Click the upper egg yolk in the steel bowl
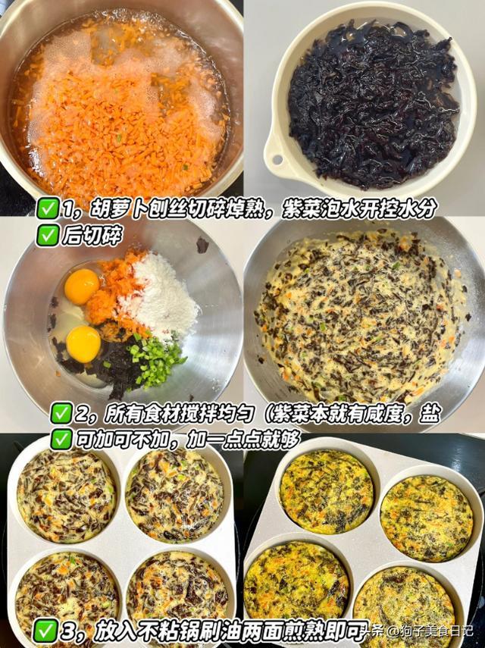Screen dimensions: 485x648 click(82, 286)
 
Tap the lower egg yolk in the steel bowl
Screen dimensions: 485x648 click(83, 344)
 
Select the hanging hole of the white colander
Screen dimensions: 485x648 click(277, 159)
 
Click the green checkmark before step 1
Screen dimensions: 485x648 click(48, 208)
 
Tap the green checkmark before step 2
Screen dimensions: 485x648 click(61, 413)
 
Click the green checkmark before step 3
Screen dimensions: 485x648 click(45, 631)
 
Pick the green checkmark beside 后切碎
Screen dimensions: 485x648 click(48, 236)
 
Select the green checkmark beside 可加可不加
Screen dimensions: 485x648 click(61, 440)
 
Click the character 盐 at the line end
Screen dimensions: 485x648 click(430, 414)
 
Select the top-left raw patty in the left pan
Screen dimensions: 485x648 click(65, 495)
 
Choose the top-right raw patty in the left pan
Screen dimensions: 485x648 click(174, 494)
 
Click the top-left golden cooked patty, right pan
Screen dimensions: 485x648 click(327, 492)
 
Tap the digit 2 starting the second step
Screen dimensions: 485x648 click(80, 414)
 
